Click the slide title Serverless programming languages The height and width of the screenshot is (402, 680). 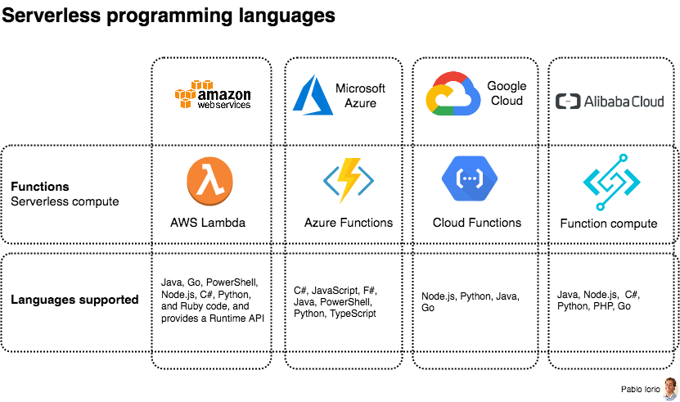point(168,16)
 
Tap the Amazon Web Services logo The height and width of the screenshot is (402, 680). point(213,95)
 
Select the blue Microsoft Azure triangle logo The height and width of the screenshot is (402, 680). point(309,95)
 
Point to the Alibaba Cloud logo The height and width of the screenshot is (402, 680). point(610,102)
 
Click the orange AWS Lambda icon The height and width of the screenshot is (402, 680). point(209,182)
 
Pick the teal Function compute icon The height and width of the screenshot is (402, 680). point(611,182)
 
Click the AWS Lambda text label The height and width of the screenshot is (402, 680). point(208,223)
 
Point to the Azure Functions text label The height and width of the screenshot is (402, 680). point(349,223)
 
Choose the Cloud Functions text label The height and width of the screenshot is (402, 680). point(477,223)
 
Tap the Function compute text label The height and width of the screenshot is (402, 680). point(609,224)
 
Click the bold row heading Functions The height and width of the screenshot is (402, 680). point(40,187)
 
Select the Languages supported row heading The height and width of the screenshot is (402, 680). point(74,300)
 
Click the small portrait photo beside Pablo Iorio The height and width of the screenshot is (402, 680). point(670,388)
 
